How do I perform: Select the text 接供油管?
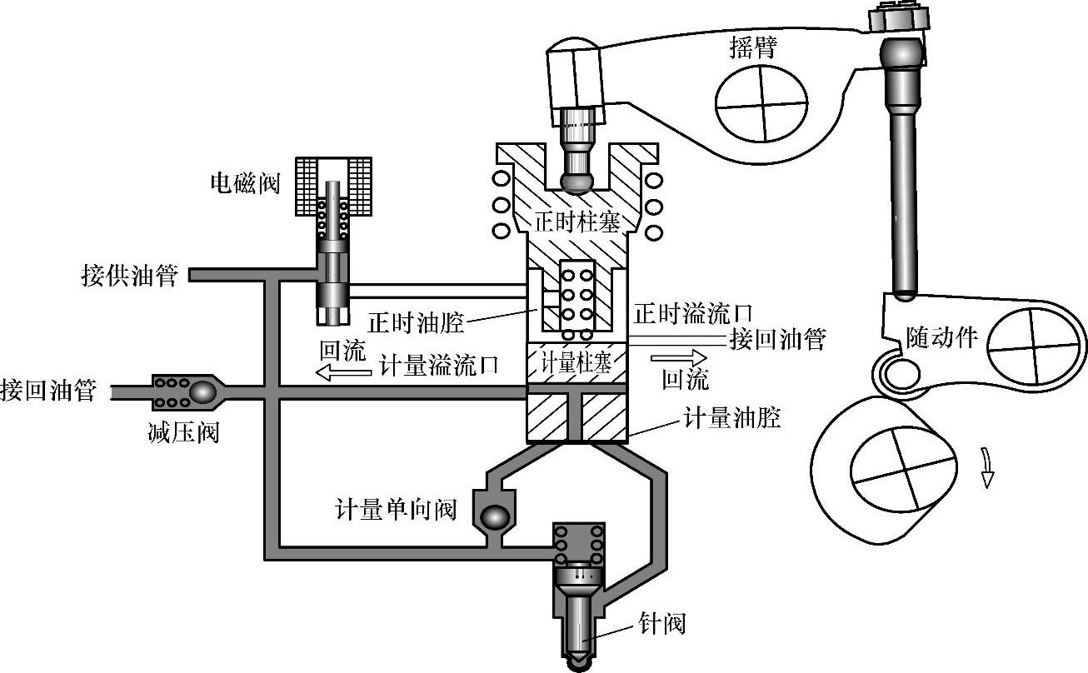pyautogui.click(x=129, y=276)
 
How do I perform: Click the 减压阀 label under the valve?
pyautogui.click(x=186, y=432)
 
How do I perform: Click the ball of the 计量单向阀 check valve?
pyautogui.click(x=493, y=516)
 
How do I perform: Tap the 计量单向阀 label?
pyautogui.click(x=396, y=510)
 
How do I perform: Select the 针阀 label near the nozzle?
pyautogui.click(x=661, y=623)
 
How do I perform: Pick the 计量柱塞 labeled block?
pyautogui.click(x=576, y=364)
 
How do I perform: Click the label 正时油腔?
pyautogui.click(x=415, y=321)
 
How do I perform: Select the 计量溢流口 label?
pyautogui.click(x=438, y=365)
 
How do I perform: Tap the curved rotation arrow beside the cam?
pyautogui.click(x=986, y=466)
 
